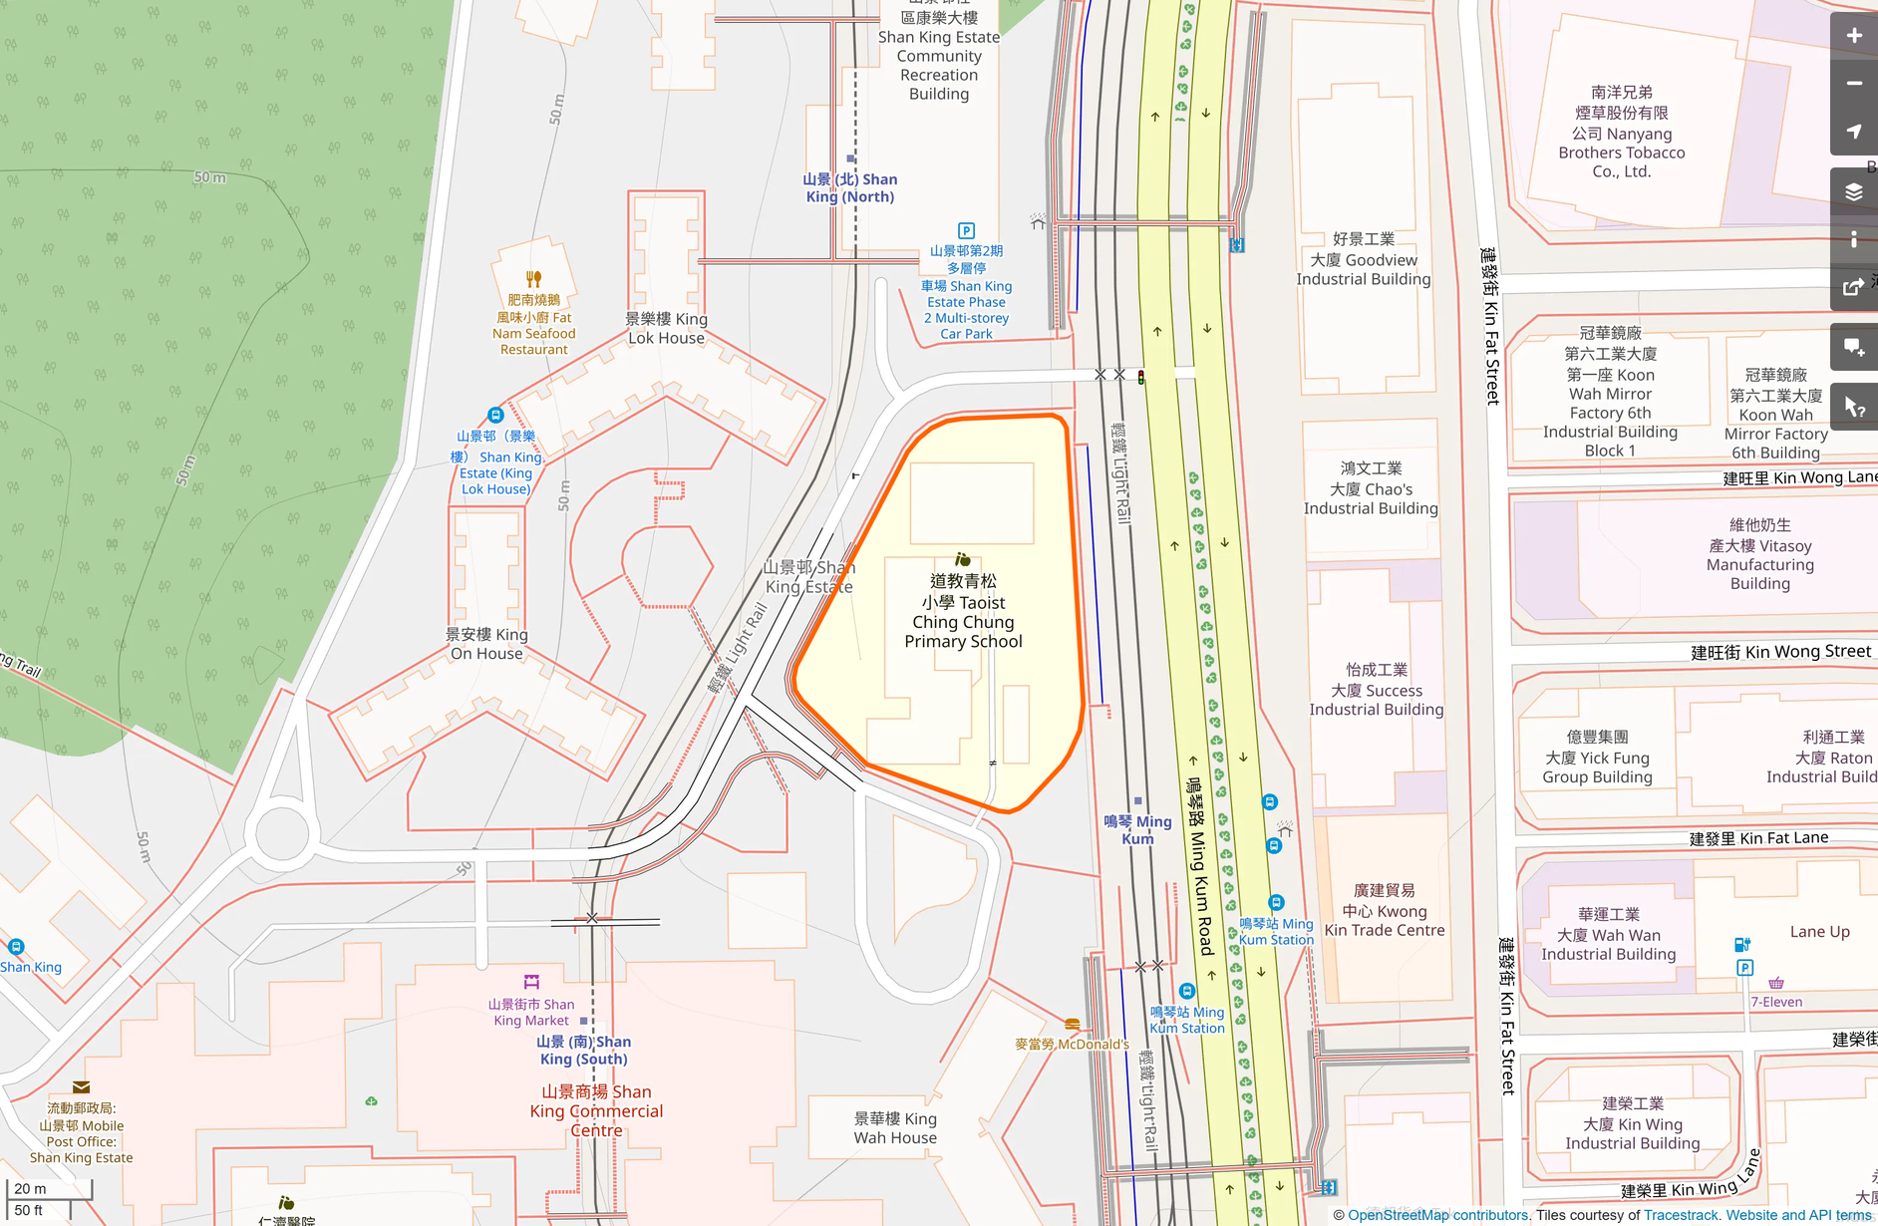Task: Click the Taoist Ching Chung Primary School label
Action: tap(963, 611)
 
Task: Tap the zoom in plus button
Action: tap(1853, 36)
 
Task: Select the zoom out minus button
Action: tap(1853, 84)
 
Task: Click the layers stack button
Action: tap(1853, 192)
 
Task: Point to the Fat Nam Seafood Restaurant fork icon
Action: tap(533, 279)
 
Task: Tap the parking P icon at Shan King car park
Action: tap(965, 231)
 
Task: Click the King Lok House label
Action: tap(666, 328)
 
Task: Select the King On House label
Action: tap(486, 644)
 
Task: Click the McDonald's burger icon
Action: tap(1072, 1025)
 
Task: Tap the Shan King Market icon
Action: tap(531, 982)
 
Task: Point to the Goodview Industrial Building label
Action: tap(1363, 259)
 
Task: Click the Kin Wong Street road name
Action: tap(1780, 652)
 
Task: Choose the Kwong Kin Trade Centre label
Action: tap(1384, 910)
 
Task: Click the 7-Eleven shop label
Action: tap(1776, 1002)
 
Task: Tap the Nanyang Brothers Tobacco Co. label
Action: tap(1621, 132)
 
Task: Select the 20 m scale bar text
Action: tap(30, 1188)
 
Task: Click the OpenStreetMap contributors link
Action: tap(1437, 1215)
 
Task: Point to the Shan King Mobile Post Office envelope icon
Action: tap(81, 1087)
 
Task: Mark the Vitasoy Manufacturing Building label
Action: tap(1759, 554)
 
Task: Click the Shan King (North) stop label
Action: tap(849, 187)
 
